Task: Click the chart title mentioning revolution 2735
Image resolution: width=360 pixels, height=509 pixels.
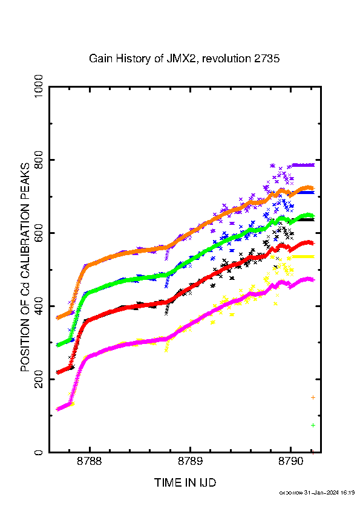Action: tap(184, 59)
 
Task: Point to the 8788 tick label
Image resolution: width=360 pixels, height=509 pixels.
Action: tap(90, 461)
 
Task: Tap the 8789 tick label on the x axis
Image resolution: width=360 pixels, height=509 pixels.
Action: tap(190, 461)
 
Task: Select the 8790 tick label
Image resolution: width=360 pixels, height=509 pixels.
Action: tap(291, 461)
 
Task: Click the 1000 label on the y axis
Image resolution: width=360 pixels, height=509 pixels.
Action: tap(38, 87)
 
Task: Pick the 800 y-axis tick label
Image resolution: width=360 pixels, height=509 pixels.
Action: tap(38, 160)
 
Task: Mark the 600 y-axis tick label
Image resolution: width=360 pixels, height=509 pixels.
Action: tap(38, 233)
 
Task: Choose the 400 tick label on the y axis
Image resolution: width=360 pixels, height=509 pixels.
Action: tap(38, 306)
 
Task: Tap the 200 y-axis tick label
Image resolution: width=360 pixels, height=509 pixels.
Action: tap(38, 379)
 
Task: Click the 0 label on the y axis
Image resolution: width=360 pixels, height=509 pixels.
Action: tap(38, 452)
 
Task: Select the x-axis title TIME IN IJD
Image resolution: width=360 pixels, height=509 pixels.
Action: tap(185, 483)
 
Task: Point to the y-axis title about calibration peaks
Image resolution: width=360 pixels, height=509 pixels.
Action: tap(25, 267)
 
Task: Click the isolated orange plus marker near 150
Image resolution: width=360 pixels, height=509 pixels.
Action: tap(313, 397)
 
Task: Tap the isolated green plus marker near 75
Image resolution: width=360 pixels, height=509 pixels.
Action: tap(313, 425)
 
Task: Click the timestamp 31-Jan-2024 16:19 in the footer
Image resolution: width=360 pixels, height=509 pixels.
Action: tap(329, 493)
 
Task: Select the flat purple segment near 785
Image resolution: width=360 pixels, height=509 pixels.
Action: tap(303, 165)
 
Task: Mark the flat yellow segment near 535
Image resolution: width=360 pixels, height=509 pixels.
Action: tap(303, 256)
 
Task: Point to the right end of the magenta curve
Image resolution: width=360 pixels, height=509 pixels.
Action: tap(313, 280)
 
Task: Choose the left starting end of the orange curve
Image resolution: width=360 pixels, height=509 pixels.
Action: tap(57, 318)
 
